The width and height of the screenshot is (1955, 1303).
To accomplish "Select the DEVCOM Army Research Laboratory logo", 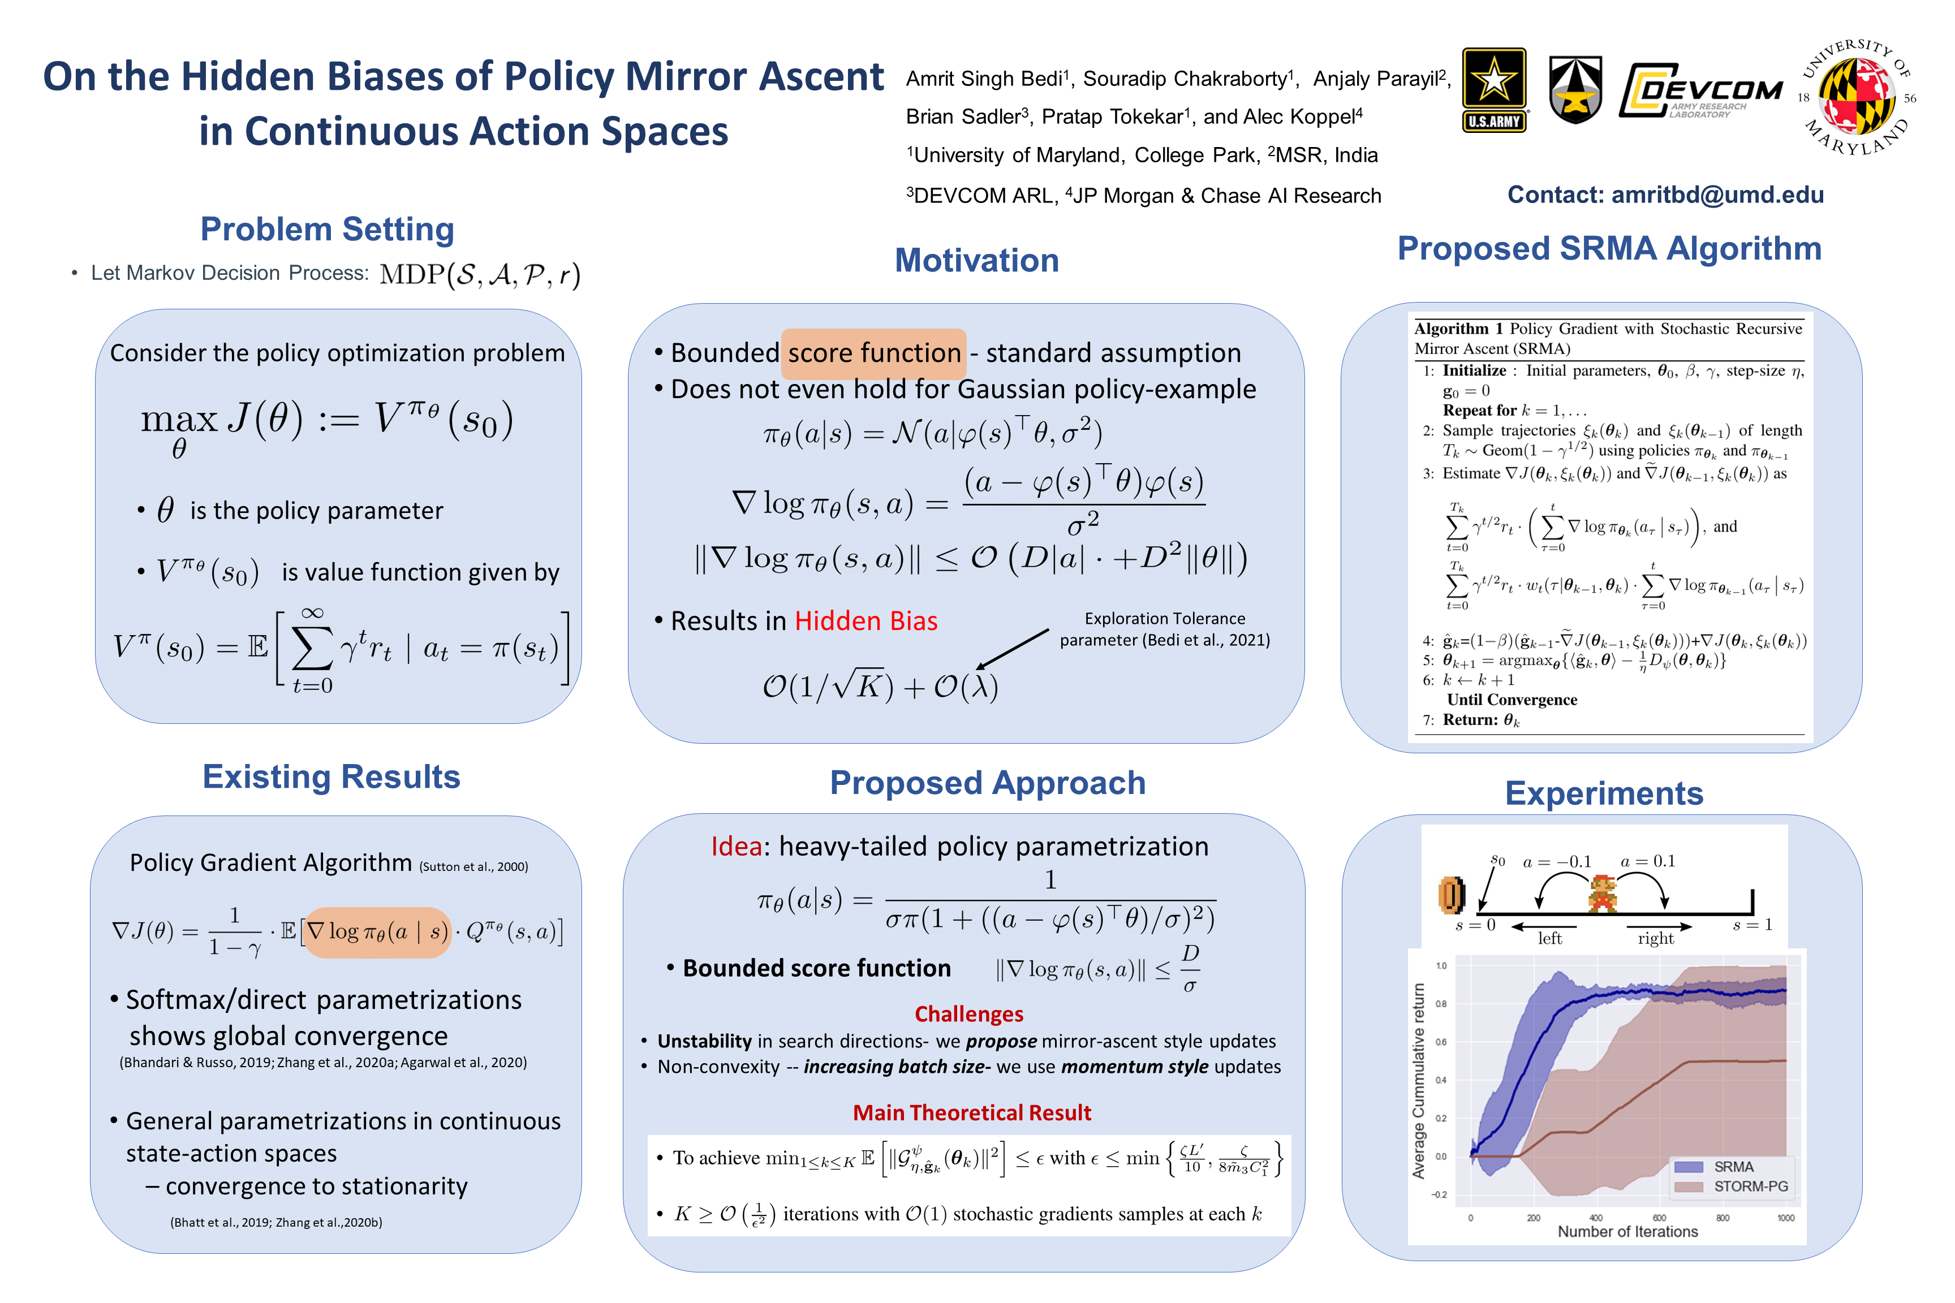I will pos(1700,90).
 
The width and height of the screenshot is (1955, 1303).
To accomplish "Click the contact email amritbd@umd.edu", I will pos(1717,195).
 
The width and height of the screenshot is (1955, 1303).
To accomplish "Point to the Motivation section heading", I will pos(977,260).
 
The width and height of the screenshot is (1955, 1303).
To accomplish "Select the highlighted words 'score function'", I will pos(873,353).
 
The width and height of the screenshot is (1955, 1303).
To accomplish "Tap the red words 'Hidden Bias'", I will pos(865,621).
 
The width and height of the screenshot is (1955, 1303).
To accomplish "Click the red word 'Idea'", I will pos(735,846).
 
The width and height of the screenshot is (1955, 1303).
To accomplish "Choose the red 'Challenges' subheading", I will pos(968,1014).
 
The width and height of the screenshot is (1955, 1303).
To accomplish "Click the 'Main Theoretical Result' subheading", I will pos(972,1113).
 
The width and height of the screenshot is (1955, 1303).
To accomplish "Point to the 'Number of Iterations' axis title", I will pos(1627,1232).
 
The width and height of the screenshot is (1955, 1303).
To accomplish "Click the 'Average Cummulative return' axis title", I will pos(1418,1080).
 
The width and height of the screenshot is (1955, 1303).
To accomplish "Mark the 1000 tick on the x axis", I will pos(1785,1218).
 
